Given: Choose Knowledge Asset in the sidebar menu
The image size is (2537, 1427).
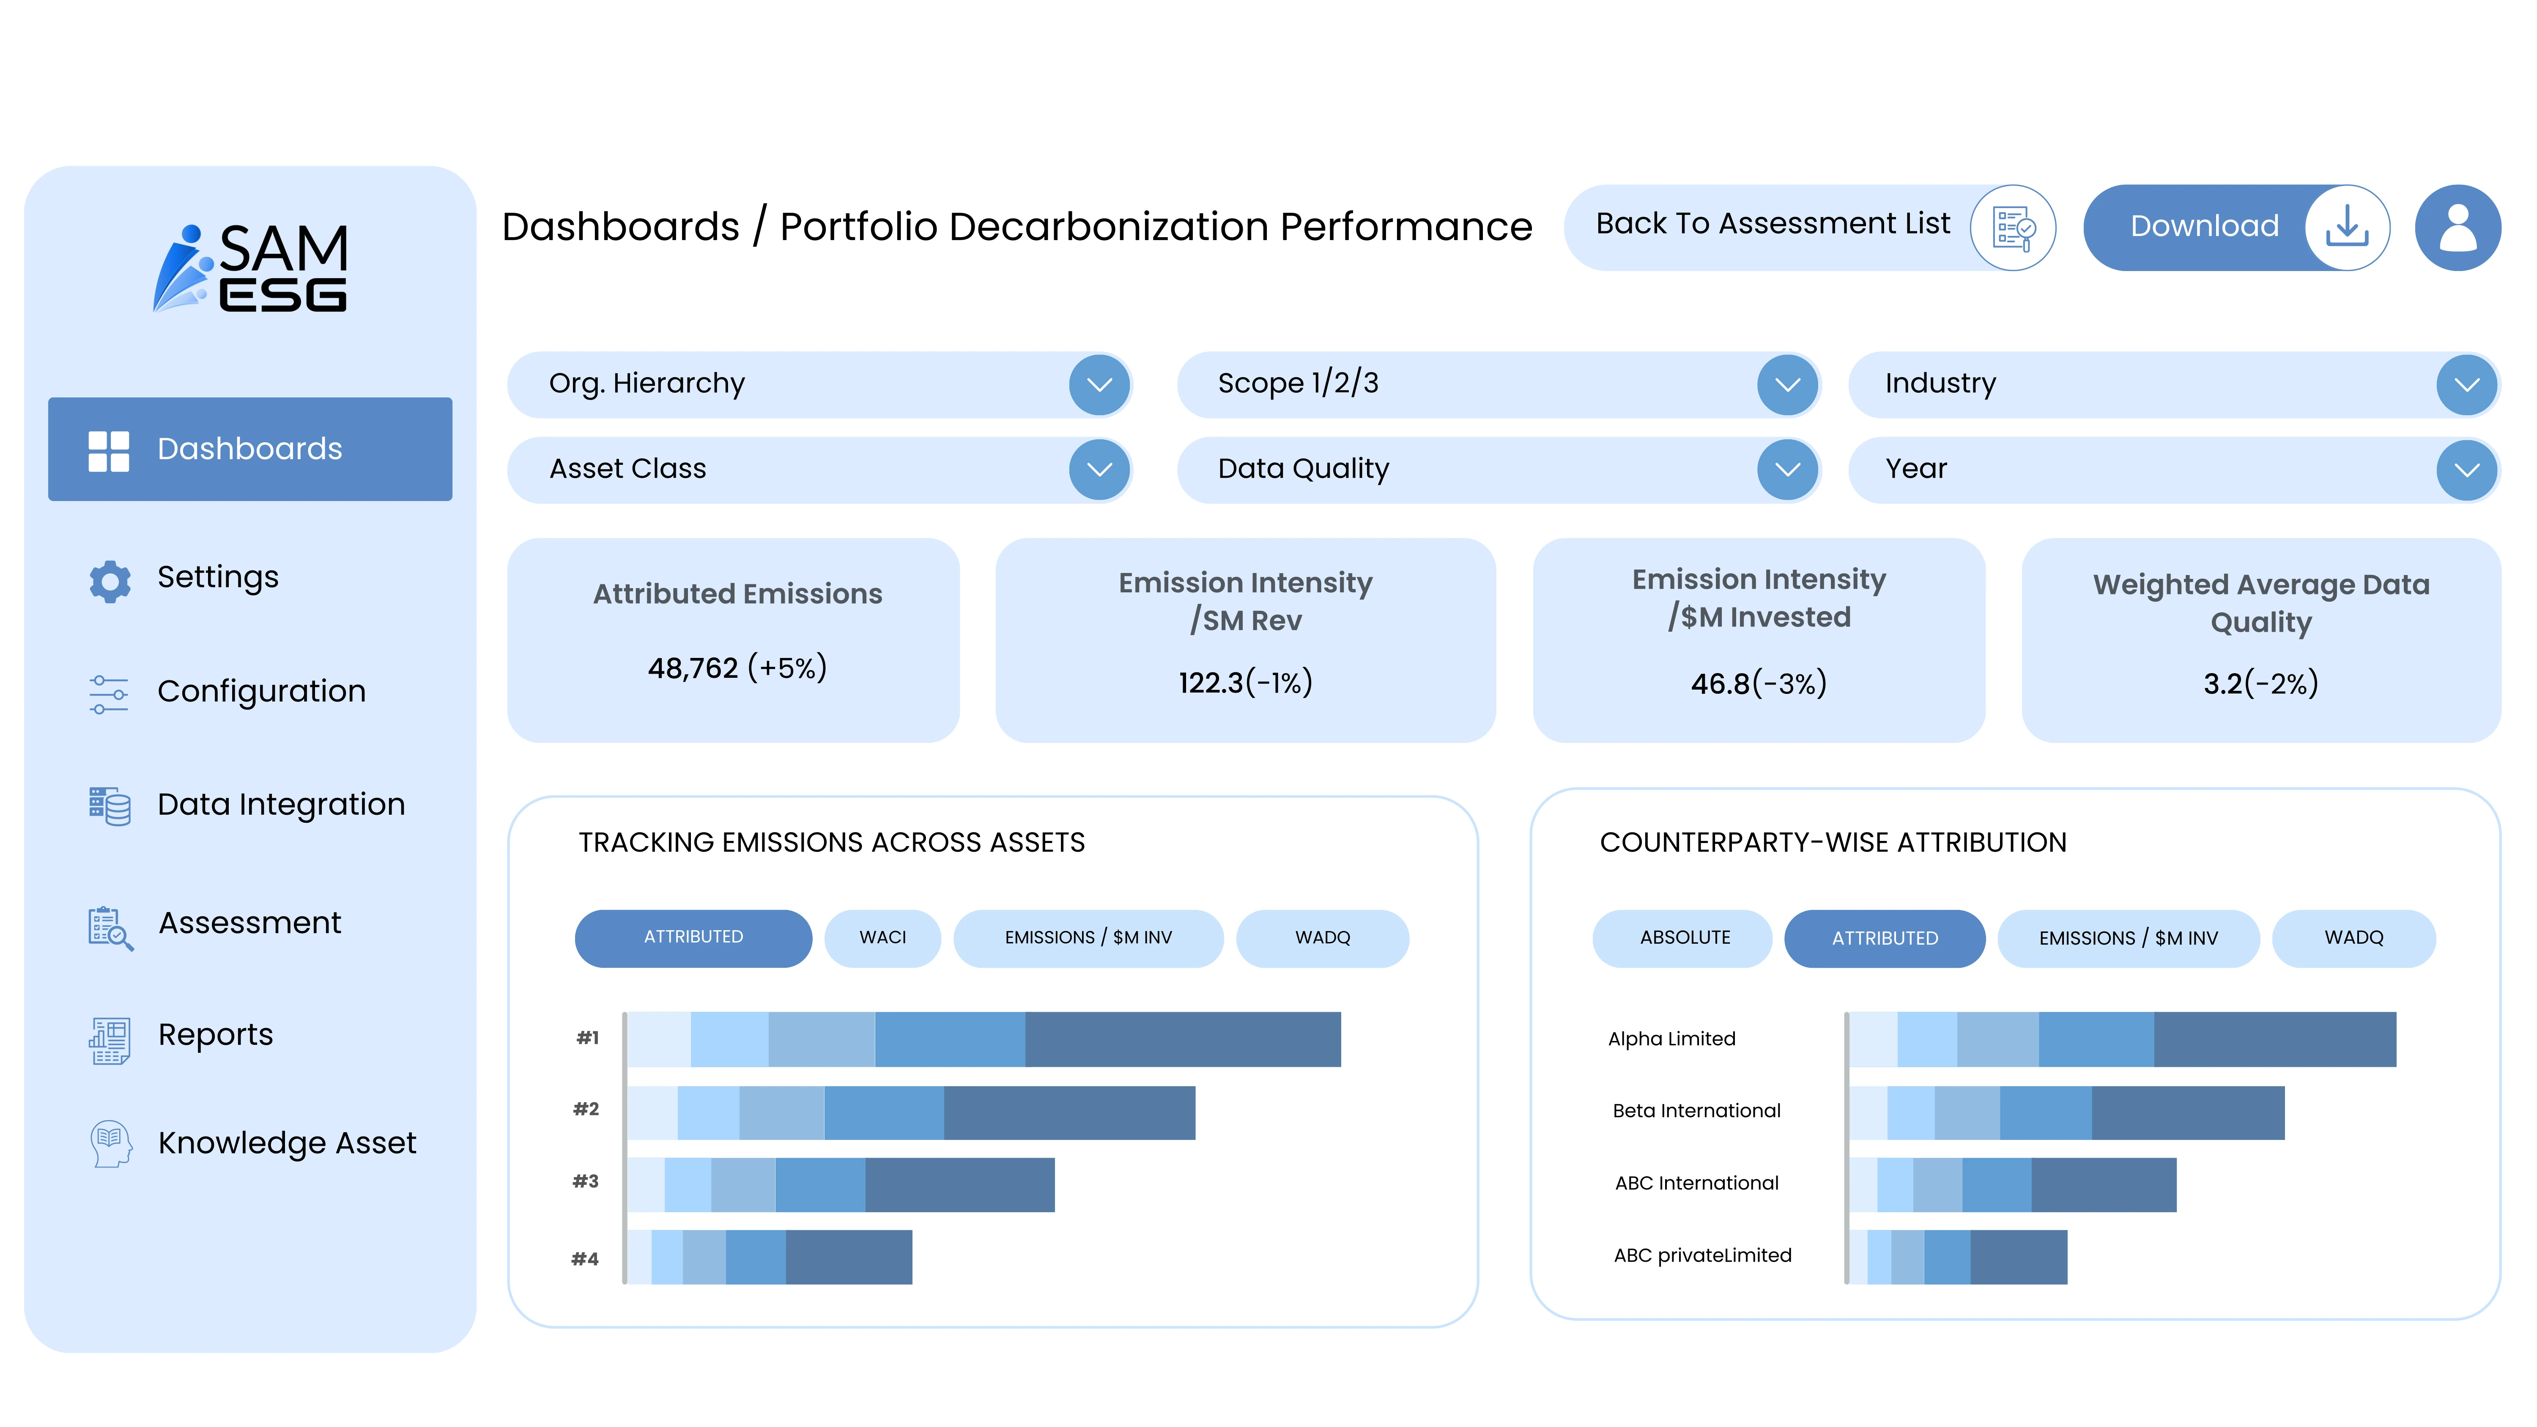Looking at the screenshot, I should coord(287,1142).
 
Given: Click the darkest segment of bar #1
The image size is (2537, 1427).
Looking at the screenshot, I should coord(1182,1039).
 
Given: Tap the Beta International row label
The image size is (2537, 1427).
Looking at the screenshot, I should coord(1696,1111).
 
